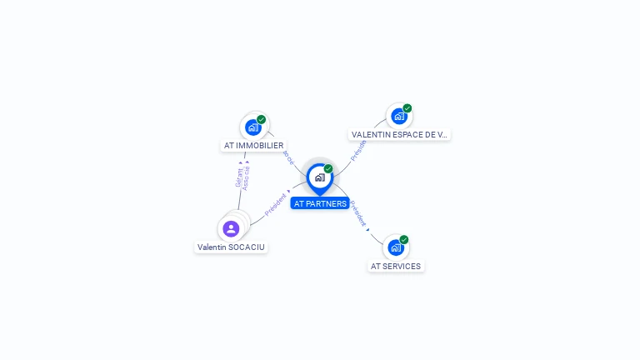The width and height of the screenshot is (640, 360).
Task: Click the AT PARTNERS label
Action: (x=320, y=203)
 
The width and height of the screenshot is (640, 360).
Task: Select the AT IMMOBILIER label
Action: (x=253, y=145)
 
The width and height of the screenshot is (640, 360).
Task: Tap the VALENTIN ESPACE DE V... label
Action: (x=399, y=134)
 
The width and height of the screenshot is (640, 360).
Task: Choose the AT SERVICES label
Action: (x=396, y=266)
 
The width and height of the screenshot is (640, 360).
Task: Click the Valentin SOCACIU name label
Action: (x=231, y=247)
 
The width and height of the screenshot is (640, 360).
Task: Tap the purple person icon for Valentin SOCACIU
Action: (x=231, y=228)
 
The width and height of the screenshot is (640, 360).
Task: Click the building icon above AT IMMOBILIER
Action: (x=252, y=127)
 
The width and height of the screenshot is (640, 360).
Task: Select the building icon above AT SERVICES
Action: (x=396, y=247)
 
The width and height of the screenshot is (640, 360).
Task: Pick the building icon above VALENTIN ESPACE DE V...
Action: (x=399, y=116)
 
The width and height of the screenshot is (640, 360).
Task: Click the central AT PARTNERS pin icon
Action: (x=319, y=177)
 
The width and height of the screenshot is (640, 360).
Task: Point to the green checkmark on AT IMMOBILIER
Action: (x=262, y=119)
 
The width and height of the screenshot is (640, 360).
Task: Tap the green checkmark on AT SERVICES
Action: (x=404, y=239)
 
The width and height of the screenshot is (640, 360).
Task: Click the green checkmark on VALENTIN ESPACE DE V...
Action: (x=407, y=107)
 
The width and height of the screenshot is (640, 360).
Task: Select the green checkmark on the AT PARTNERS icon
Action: (x=328, y=168)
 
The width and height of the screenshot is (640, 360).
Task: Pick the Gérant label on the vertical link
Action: (x=238, y=177)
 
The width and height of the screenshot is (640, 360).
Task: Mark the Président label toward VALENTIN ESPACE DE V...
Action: (x=358, y=149)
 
